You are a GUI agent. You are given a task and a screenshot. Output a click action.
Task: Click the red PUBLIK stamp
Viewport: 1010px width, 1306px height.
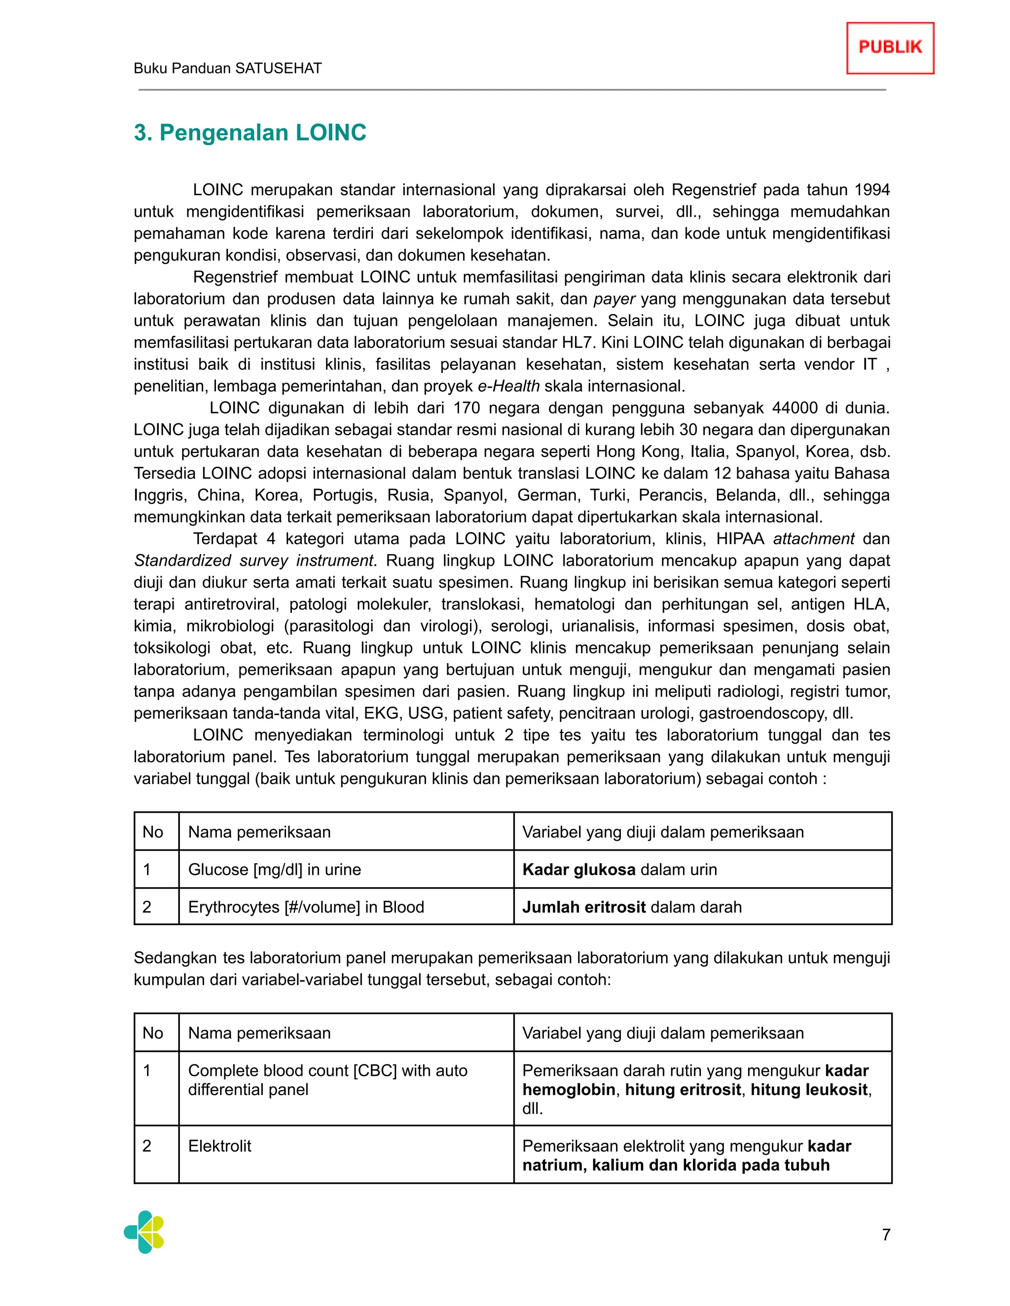point(890,48)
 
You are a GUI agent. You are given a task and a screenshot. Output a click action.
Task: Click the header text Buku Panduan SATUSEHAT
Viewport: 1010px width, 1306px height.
point(227,68)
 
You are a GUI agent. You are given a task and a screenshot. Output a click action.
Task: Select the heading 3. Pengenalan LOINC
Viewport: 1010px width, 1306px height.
point(250,133)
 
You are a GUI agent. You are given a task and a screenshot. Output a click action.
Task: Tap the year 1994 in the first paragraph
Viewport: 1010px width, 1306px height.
point(872,190)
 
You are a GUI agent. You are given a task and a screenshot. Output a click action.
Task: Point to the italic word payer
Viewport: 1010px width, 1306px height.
point(614,299)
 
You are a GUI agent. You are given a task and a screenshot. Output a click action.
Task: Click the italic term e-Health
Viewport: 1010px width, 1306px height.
point(508,386)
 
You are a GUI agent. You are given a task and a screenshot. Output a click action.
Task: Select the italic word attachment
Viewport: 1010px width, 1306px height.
point(813,539)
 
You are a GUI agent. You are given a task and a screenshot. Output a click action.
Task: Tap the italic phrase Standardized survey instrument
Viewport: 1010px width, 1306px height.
point(253,561)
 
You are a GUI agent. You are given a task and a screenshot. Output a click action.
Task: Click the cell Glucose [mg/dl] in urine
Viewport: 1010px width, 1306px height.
point(275,869)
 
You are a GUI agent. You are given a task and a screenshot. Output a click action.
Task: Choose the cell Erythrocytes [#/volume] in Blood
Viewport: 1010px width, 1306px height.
point(306,907)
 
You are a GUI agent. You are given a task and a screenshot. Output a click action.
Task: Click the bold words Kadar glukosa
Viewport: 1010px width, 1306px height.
point(578,869)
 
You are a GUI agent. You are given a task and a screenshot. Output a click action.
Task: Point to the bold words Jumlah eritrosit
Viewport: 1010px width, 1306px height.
point(583,907)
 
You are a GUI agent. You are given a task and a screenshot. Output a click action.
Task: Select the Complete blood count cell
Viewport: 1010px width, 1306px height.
point(327,1080)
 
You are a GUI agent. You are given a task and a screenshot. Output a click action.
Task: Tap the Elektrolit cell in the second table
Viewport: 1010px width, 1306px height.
point(219,1146)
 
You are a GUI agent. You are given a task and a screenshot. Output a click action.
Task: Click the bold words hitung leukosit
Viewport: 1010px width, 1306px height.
point(809,1090)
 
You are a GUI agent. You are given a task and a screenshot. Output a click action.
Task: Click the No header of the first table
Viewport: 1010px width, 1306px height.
point(153,832)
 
